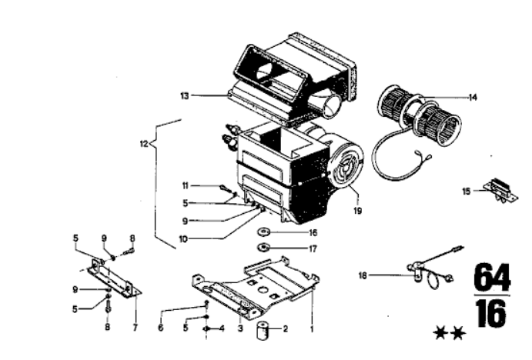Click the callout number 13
[185, 96]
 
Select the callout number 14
[473, 98]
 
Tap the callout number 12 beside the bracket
[144, 144]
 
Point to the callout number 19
[358, 211]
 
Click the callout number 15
[467, 192]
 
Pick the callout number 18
[363, 275]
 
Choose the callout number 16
[313, 232]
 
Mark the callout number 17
[313, 248]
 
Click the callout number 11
[186, 185]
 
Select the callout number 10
[183, 239]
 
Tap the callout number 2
[286, 328]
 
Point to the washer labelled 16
[263, 232]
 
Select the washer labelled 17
[263, 248]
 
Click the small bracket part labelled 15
[501, 192]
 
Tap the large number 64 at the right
[492, 278]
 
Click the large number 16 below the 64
[492, 314]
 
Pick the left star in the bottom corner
[440, 333]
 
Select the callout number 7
[135, 328]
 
